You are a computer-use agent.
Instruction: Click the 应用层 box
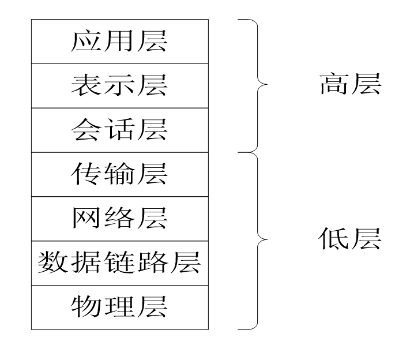point(119,42)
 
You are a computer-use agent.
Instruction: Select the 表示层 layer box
point(119,86)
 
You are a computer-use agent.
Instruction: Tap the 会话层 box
point(119,130)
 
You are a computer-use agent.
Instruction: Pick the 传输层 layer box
point(119,174)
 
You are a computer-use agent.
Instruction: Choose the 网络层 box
point(119,219)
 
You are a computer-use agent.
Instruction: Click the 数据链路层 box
point(119,263)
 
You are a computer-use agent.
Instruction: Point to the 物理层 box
point(119,307)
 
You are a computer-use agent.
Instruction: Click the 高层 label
point(350,85)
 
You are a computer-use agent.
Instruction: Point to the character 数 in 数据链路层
point(51,263)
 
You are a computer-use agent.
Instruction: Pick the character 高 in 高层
point(334,85)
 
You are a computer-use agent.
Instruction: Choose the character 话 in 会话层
point(119,130)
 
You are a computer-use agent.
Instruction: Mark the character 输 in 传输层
point(119,174)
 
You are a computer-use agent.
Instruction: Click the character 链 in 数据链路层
point(119,263)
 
